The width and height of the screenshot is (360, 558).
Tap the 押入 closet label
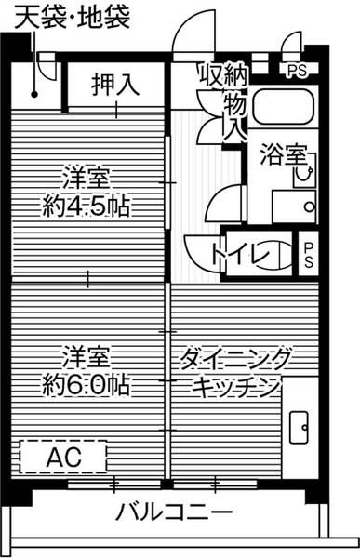pyautogui.click(x=115, y=86)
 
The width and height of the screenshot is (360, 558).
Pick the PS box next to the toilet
pyautogui.click(x=309, y=253)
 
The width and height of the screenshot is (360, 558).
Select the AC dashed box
pyautogui.click(x=63, y=456)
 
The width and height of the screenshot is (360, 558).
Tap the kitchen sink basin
pyautogui.click(x=300, y=427)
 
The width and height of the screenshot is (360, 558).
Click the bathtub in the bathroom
pyautogui.click(x=285, y=111)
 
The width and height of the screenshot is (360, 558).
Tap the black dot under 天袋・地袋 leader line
pyautogui.click(x=34, y=93)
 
